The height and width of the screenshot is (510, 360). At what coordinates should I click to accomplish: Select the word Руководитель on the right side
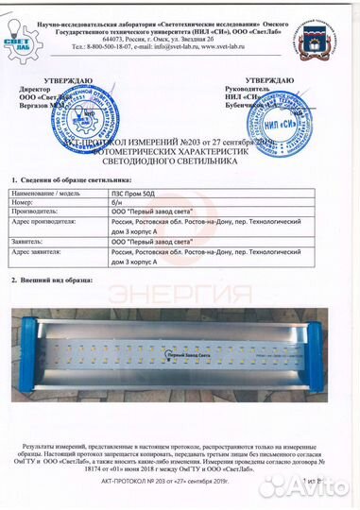point(261,91)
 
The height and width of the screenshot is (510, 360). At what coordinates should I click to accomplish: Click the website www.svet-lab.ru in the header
point(212,44)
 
